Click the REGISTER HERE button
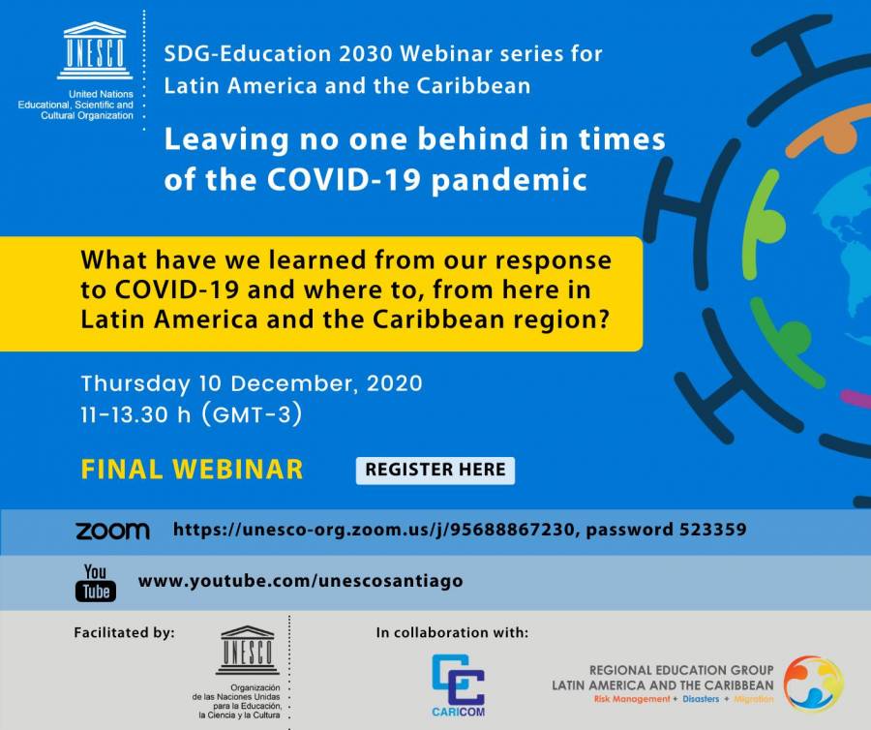tap(435, 470)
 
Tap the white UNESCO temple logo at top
tap(95, 51)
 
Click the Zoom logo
tap(113, 531)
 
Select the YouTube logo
tap(96, 582)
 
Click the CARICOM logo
tap(459, 685)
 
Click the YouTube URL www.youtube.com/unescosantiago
tap(301, 581)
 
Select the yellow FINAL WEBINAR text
tap(193, 470)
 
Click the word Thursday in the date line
tap(135, 384)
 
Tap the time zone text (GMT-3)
tap(253, 414)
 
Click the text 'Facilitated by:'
tap(125, 633)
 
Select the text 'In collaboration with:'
tap(452, 633)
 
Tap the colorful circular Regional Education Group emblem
tap(813, 684)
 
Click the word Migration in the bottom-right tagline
tap(753, 699)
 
